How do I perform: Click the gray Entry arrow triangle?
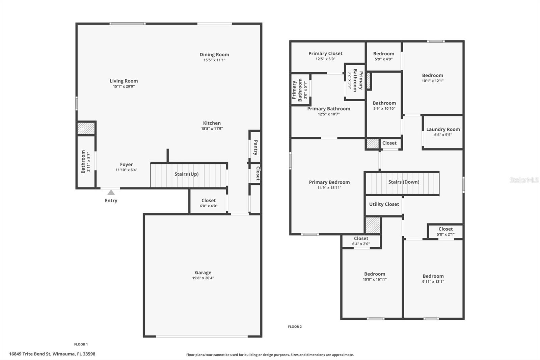coord(111,192)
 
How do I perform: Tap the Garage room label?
coord(203,273)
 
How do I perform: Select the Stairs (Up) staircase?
coord(188,175)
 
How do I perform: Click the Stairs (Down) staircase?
coord(402,183)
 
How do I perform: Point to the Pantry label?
coord(255,147)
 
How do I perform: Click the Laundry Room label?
coord(443,129)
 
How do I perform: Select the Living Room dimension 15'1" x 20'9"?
coord(124,86)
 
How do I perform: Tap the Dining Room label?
coord(214,54)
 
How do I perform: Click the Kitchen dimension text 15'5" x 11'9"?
coord(212,128)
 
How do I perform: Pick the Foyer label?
coord(126,164)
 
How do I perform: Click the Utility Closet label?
coord(384,204)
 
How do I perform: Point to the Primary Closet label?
coord(325,53)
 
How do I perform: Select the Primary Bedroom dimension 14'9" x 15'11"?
coord(329,188)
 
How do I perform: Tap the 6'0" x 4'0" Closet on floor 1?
coord(208,203)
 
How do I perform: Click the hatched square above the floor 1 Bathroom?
coord(86,128)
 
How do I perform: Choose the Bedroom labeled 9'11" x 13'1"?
coord(433,278)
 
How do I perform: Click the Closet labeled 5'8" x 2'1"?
coord(446,231)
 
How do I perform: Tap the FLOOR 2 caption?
coord(295,327)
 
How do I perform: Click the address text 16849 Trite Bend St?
coord(52,354)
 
